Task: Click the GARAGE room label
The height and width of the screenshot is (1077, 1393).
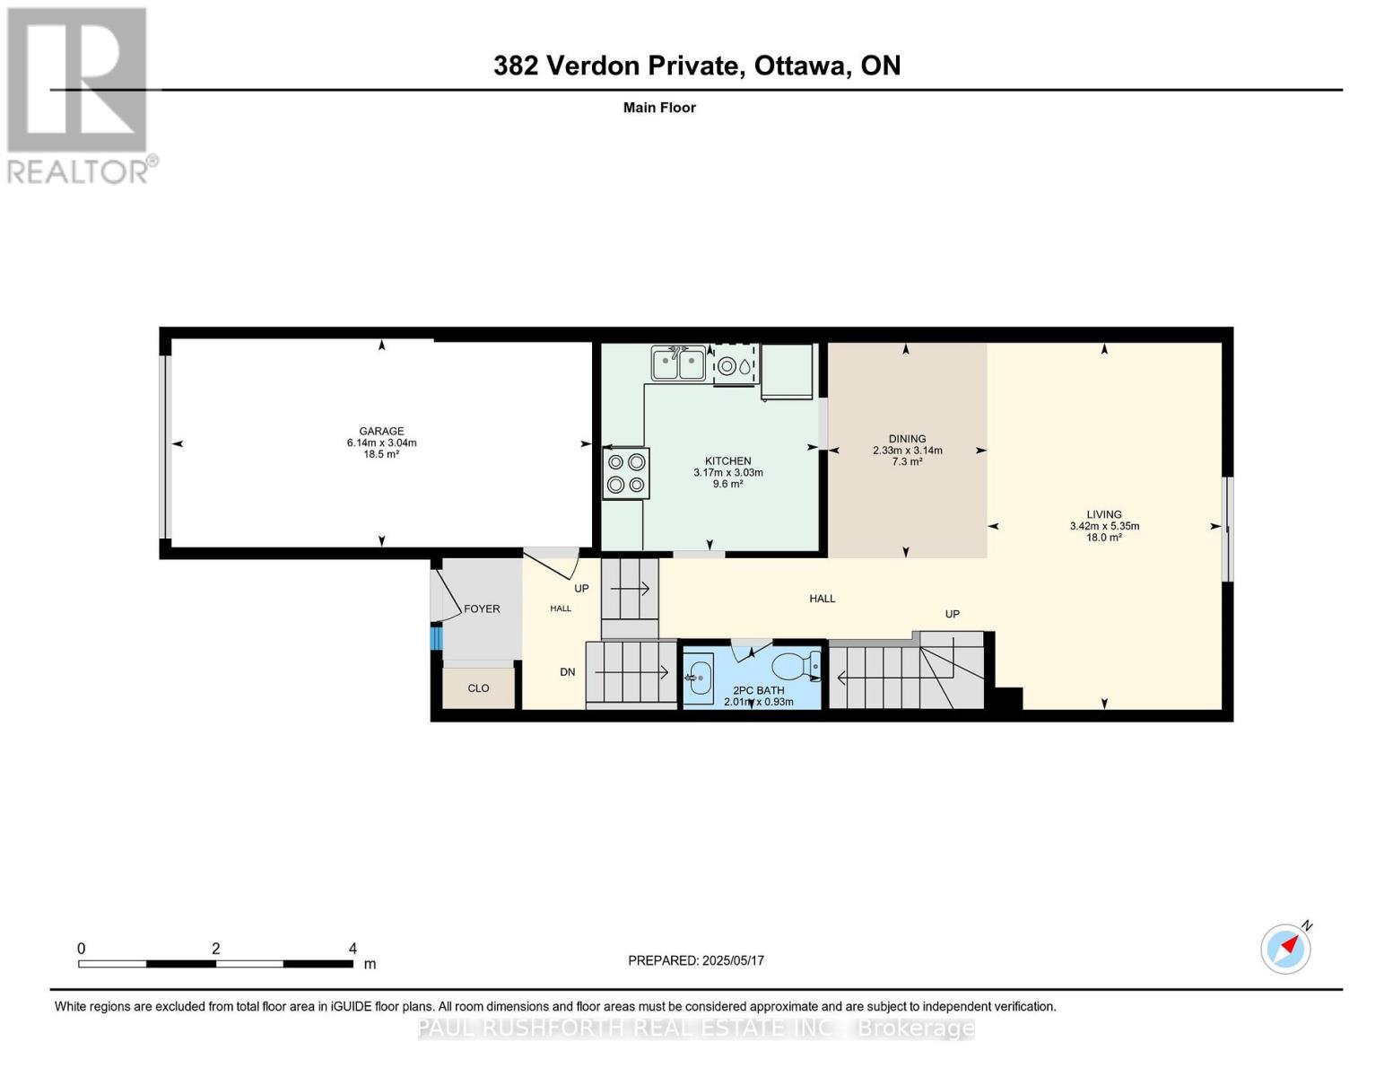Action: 381,431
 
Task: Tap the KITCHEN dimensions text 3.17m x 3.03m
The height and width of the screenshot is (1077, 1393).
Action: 727,472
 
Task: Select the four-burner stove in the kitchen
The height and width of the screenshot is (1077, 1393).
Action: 625,474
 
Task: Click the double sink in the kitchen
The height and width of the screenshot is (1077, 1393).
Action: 678,364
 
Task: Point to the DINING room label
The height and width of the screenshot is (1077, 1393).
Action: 907,439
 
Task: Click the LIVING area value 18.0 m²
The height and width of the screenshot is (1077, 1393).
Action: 1104,538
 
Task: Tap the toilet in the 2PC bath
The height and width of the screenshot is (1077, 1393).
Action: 793,666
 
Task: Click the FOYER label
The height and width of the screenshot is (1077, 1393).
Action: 482,609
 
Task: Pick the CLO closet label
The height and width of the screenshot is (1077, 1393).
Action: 478,688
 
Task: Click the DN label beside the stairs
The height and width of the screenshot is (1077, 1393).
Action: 567,671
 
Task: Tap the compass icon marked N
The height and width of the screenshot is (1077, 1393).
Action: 1285,949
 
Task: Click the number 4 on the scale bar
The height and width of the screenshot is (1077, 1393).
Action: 353,949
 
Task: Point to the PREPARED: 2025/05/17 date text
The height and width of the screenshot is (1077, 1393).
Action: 696,960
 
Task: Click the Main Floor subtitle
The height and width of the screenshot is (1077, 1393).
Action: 659,108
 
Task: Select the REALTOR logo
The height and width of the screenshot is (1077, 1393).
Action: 79,95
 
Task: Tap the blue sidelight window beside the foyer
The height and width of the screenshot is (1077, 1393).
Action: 437,638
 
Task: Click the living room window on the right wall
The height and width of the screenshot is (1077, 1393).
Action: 1229,529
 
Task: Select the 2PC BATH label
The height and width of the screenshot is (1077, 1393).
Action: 758,690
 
